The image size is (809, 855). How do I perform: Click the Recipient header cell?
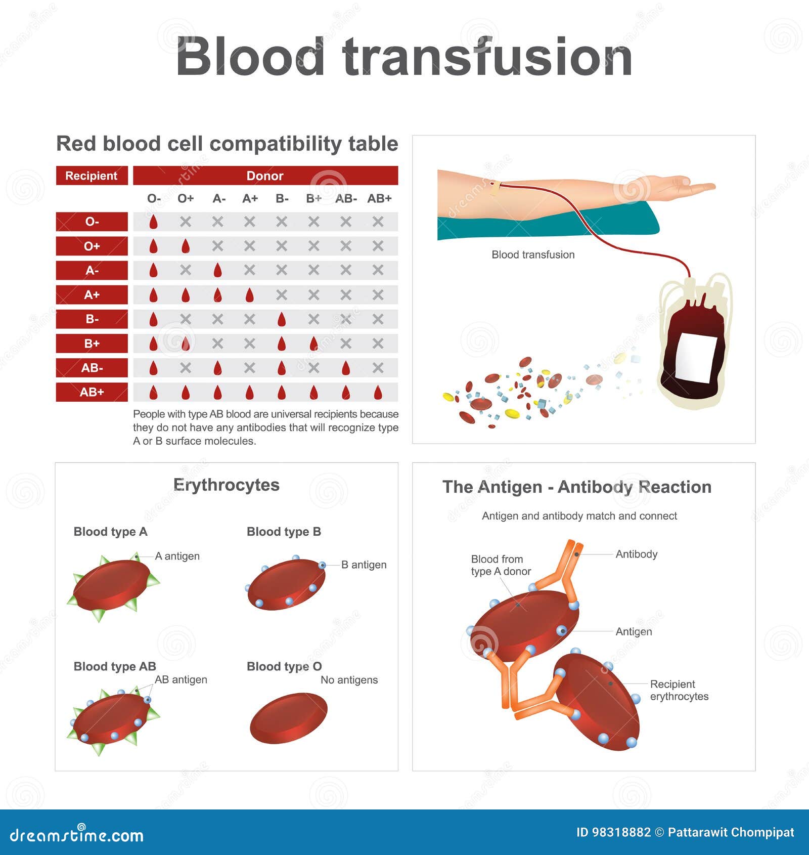point(92,176)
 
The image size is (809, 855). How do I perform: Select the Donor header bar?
point(265,176)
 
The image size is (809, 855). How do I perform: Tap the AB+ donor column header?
point(379,198)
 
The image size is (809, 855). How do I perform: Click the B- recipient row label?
point(92,319)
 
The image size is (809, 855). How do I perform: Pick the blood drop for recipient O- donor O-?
point(153,222)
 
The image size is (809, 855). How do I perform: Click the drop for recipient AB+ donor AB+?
point(378,392)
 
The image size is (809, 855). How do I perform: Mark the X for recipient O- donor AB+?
point(378,222)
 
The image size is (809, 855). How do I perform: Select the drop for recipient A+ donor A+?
point(249,295)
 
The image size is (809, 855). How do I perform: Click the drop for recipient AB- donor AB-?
point(346,368)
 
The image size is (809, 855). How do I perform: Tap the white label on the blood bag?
point(696,358)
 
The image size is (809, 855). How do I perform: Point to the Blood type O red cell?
point(289,717)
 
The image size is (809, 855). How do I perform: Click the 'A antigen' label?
point(177,556)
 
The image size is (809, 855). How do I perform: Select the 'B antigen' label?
point(364,565)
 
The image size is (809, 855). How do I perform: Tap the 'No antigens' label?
point(349,680)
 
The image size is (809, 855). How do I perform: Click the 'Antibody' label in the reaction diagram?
point(636,554)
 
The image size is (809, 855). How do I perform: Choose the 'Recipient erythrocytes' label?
point(679,690)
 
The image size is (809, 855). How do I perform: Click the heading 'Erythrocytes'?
point(226,485)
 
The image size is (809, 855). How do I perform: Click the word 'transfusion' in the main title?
point(487,57)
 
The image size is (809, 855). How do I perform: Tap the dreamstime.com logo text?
point(77,835)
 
